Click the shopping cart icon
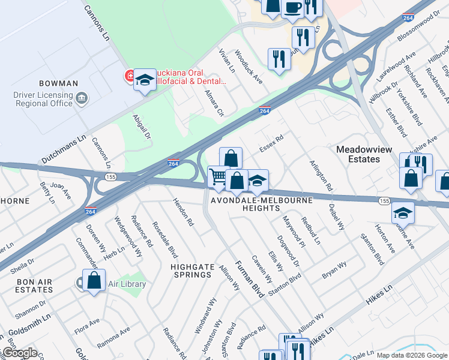218,176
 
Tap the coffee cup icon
292,8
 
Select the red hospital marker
129,76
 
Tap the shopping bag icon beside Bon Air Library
94,280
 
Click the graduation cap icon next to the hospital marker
145,80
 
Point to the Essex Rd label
271,143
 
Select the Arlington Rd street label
321,175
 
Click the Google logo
19,353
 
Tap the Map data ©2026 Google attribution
412,355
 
